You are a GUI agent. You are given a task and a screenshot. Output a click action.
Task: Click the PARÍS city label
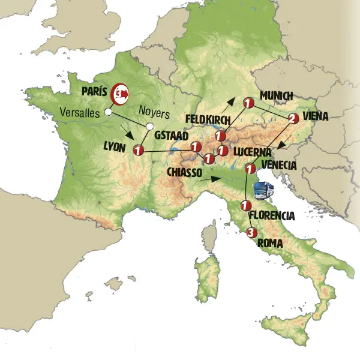[x=94, y=92]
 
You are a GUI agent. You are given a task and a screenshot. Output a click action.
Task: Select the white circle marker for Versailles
[x=108, y=112]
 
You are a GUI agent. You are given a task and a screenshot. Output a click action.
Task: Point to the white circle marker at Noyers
[x=148, y=126]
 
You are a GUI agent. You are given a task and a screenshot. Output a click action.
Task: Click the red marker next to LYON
[x=139, y=150]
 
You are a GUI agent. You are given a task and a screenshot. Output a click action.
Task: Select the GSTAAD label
[x=169, y=136]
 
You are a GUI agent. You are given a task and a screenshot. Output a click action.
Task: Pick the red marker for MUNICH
[x=247, y=104]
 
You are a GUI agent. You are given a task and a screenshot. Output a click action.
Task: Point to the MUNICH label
[x=276, y=96]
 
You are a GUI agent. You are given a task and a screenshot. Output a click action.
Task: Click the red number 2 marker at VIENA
[x=293, y=118]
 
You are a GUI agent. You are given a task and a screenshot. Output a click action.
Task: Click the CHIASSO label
[x=187, y=172]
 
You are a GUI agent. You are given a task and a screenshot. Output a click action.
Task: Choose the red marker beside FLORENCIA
[x=244, y=206]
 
